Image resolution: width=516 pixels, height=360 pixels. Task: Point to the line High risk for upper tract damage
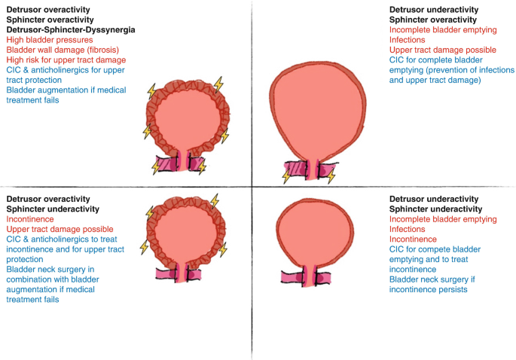(x=66, y=59)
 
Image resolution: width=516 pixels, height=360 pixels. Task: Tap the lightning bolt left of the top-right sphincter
(x=286, y=175)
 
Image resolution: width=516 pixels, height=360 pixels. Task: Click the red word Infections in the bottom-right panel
(x=407, y=229)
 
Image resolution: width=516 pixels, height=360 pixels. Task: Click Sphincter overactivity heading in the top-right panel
(x=432, y=20)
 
